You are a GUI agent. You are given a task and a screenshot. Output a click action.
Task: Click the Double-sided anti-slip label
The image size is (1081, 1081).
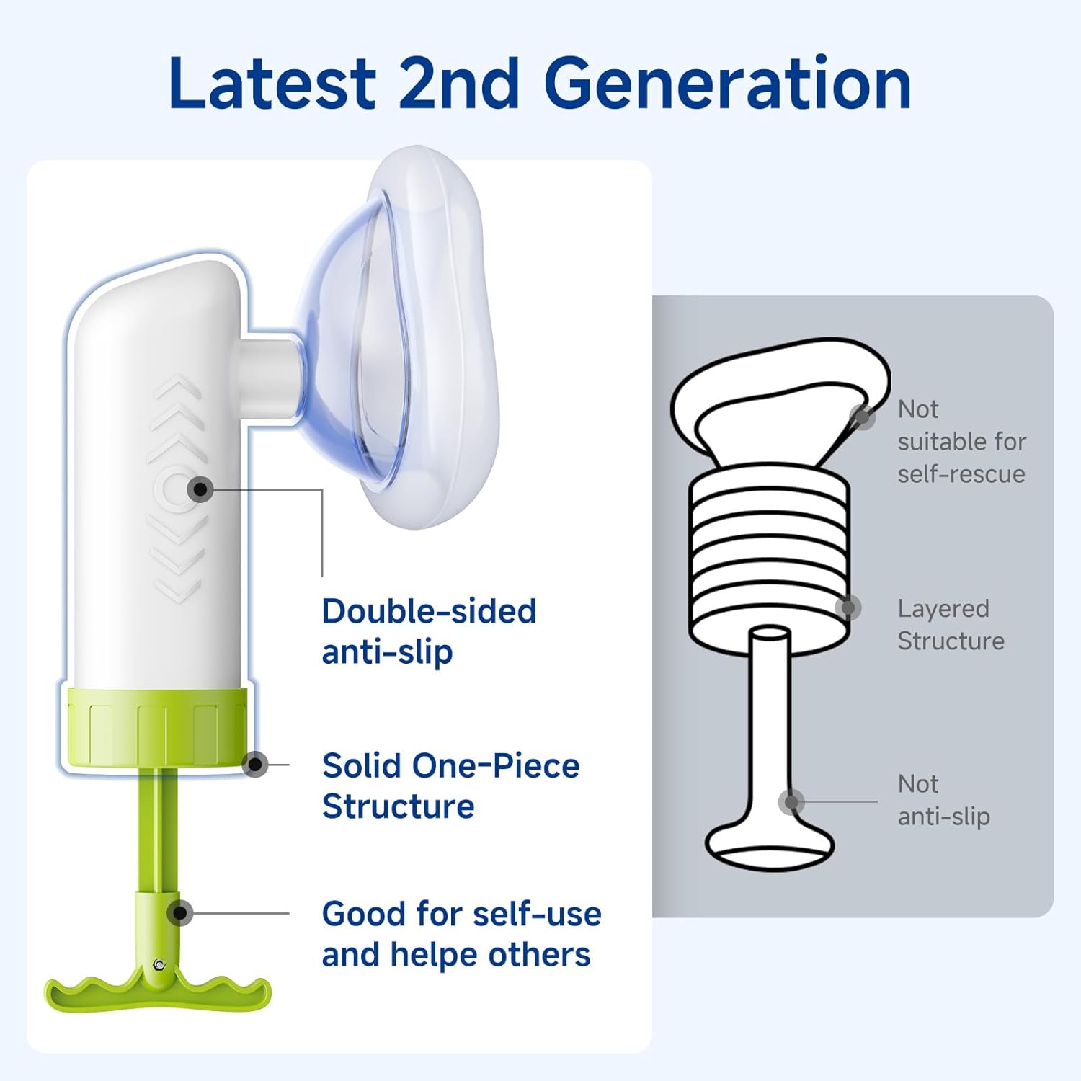coord(429,631)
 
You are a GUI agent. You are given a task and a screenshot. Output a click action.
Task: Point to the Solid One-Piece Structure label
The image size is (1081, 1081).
coord(450,786)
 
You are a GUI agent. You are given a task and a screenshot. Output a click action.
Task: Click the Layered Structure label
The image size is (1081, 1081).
coord(951,624)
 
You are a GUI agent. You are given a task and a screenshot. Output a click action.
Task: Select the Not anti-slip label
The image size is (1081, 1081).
coord(943,800)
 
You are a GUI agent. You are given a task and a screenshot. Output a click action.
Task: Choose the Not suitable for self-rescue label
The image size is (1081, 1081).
coord(961,441)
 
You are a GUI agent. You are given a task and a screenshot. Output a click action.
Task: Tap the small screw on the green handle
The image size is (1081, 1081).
coord(159,964)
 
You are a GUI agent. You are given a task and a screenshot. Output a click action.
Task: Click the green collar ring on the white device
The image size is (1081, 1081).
coord(157,728)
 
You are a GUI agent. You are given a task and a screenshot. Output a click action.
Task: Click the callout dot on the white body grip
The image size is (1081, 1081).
coord(200,490)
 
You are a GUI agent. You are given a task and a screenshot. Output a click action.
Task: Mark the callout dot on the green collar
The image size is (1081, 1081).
coord(255,765)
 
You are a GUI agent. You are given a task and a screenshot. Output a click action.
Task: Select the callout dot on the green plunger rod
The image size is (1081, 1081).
coord(179,913)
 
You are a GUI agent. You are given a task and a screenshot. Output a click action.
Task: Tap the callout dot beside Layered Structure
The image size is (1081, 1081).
coord(848,608)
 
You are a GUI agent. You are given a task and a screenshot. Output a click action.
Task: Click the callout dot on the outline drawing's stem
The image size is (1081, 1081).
coord(791,801)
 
